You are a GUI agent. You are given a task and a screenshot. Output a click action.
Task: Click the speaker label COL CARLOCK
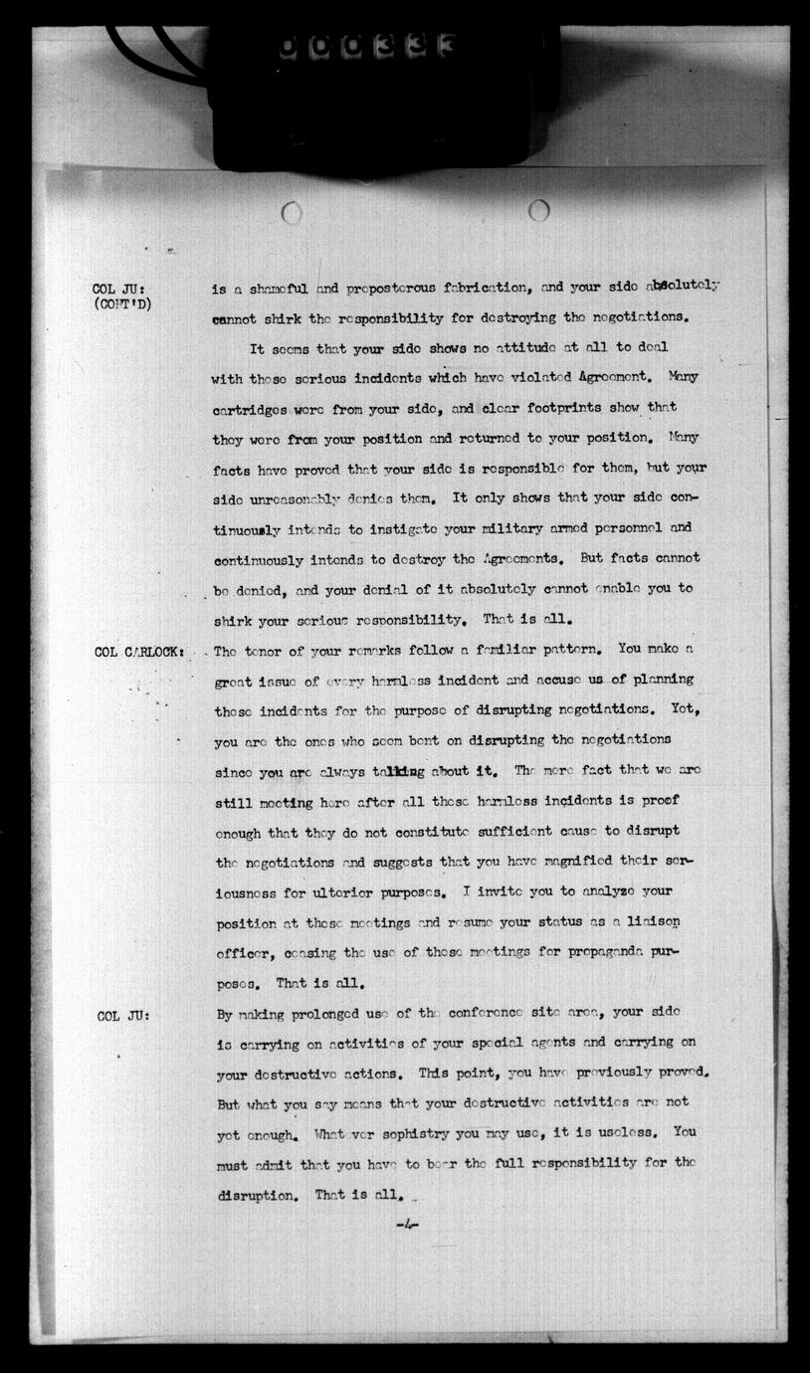138,652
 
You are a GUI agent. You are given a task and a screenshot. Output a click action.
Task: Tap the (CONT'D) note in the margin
123,304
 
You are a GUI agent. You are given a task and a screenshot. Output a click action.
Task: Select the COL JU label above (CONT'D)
119,290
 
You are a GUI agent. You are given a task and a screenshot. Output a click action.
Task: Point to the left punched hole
292,212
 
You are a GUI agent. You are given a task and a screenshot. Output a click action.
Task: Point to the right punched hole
538,210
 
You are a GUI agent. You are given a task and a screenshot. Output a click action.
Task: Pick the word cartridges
252,408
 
